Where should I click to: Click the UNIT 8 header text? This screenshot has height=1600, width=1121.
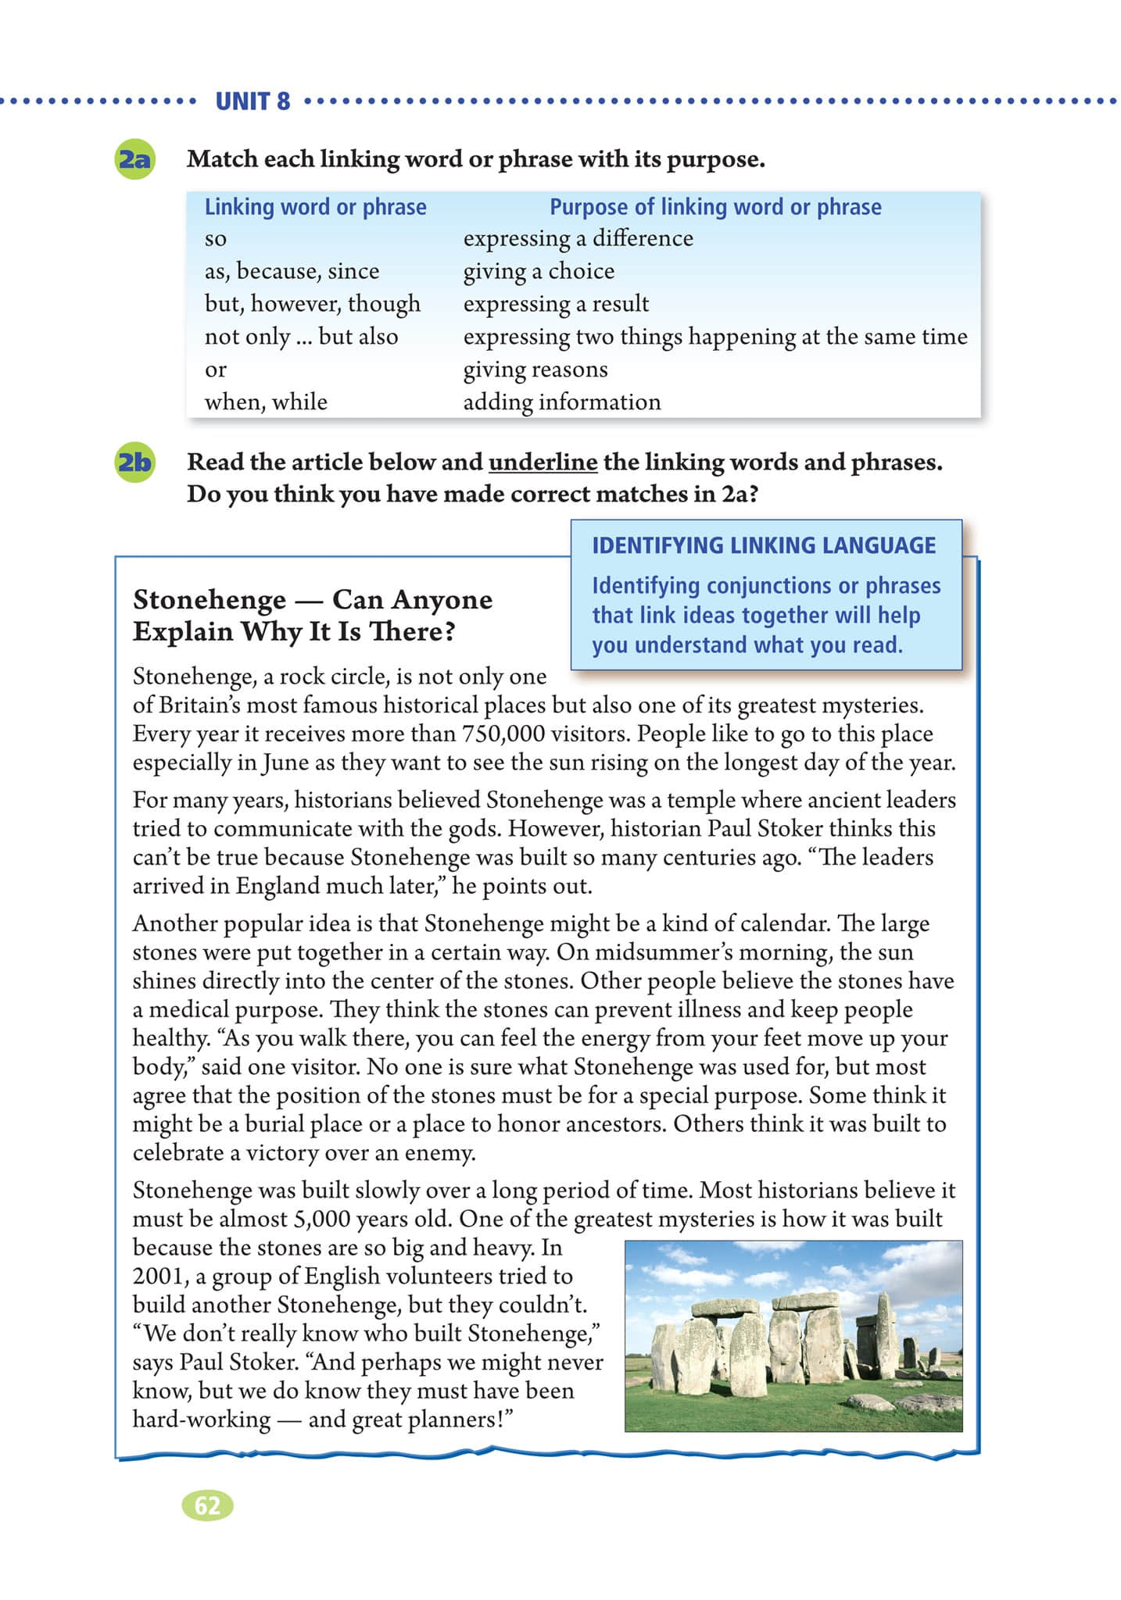[252, 102]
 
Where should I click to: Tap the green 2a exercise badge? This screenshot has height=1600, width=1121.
[134, 159]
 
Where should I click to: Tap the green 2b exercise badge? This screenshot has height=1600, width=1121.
[134, 462]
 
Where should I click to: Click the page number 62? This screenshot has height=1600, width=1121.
[207, 1505]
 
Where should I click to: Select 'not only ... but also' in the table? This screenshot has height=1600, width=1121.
[301, 337]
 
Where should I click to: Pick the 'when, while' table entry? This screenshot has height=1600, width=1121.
[266, 402]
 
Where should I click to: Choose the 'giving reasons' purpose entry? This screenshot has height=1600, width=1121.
[535, 370]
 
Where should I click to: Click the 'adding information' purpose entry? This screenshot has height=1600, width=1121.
[562, 402]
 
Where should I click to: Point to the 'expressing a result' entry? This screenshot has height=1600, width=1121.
[556, 304]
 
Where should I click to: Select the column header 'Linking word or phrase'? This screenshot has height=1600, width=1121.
[315, 207]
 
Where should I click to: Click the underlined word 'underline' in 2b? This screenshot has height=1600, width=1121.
[543, 462]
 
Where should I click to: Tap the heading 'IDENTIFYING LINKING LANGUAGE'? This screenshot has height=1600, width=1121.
[764, 545]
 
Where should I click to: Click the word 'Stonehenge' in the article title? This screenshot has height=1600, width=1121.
[210, 600]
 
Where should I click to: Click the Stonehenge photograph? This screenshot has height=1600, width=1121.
[793, 1336]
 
